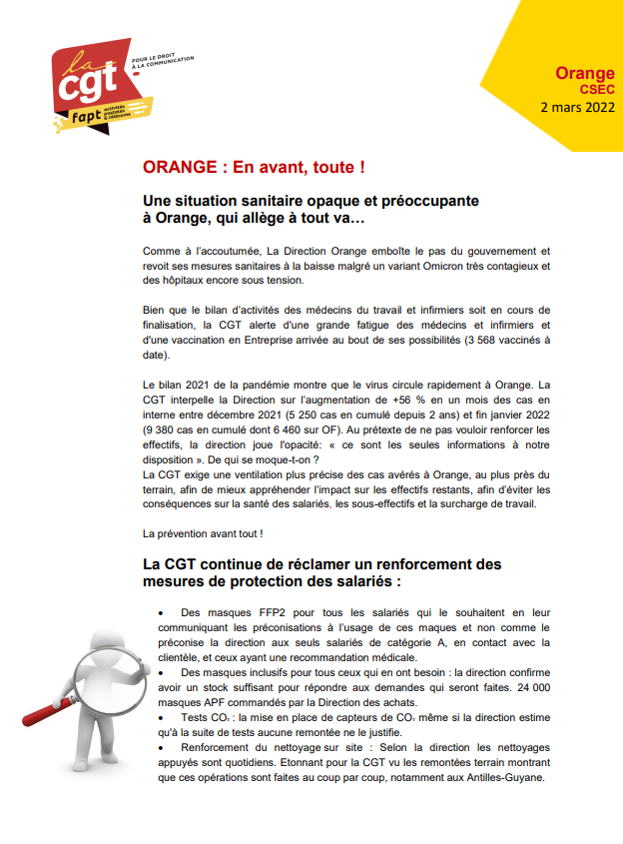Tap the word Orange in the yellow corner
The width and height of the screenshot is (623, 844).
pos(585,74)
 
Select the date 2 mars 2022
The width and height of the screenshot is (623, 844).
pos(577,106)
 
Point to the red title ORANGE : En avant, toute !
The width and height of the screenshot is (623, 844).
pos(254,166)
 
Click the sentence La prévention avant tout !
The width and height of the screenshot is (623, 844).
pos(204,532)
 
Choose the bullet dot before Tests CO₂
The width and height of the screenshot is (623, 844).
pos(162,718)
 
